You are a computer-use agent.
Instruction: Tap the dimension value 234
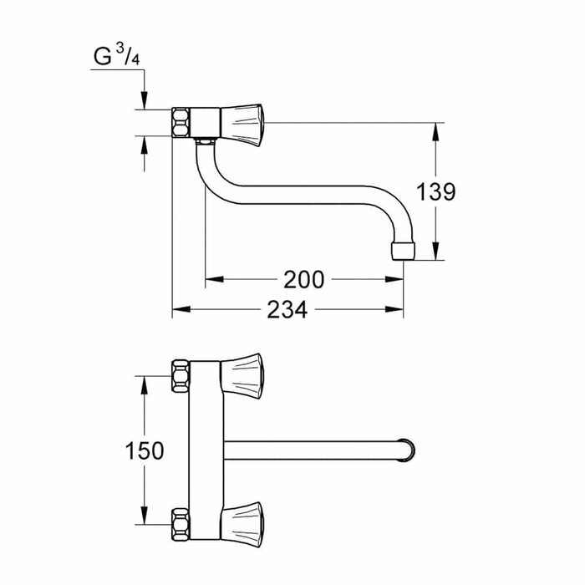[x=287, y=310]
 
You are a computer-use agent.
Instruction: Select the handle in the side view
[x=243, y=123]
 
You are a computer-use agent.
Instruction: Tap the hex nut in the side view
[x=181, y=122]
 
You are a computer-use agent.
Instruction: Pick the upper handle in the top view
[x=243, y=369]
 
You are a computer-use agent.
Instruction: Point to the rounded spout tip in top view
[x=407, y=449]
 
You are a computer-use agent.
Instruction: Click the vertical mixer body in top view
[x=205, y=443]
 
